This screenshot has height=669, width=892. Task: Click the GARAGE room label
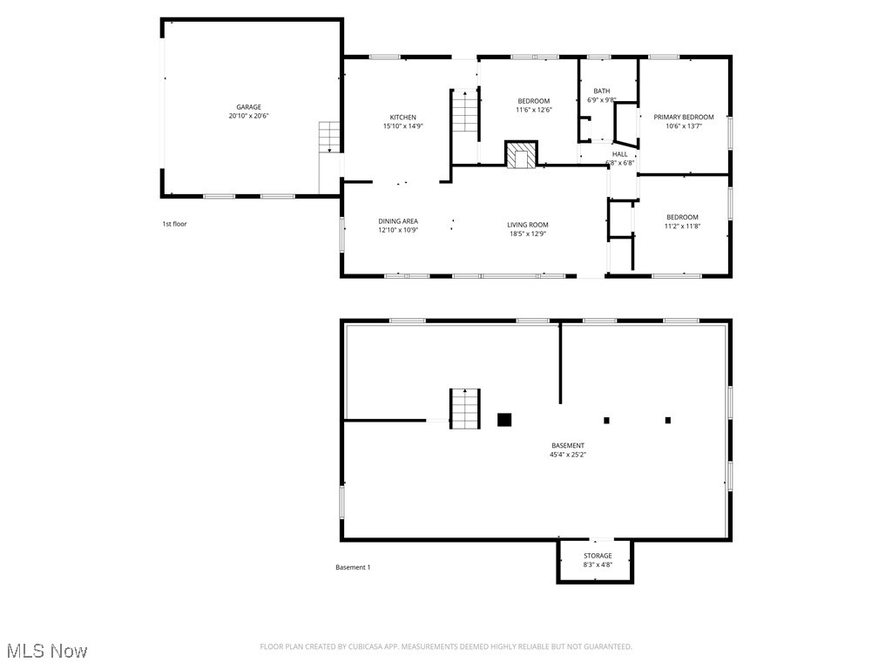point(248,107)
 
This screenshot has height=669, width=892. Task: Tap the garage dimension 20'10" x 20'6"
point(248,116)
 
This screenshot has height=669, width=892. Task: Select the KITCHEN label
point(402,117)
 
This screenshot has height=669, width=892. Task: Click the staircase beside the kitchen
point(465,111)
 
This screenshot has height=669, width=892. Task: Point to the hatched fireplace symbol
point(522,154)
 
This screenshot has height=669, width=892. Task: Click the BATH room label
point(602,91)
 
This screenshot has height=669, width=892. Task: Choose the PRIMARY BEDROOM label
point(684,117)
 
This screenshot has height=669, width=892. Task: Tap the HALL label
point(619,154)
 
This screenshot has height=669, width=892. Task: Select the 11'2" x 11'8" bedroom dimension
point(682,226)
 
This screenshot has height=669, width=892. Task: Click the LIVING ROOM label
point(528,225)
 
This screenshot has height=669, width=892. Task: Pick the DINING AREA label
point(398,221)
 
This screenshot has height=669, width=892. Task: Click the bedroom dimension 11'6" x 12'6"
point(534,110)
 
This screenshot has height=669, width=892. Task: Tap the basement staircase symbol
point(465,409)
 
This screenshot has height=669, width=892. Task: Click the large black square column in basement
point(503,419)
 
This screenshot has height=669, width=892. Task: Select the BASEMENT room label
point(567,445)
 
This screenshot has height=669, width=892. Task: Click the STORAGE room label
point(598,556)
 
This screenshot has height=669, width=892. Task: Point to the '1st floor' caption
point(174,224)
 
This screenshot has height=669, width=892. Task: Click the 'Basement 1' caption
point(353,567)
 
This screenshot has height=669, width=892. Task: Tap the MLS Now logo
point(46,651)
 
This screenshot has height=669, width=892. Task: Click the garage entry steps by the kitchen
point(328,138)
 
